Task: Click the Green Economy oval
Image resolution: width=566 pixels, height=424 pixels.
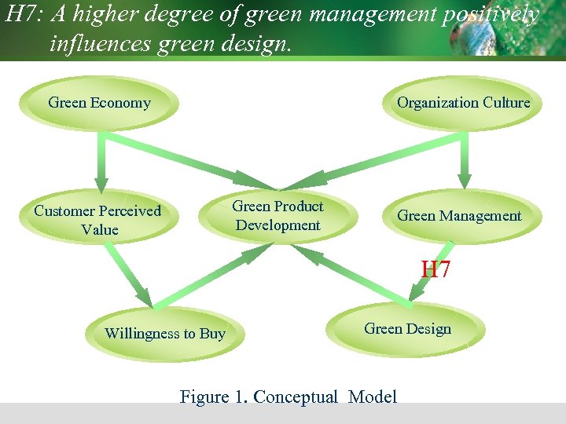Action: [100, 103]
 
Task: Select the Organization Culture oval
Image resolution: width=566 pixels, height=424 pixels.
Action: [463, 103]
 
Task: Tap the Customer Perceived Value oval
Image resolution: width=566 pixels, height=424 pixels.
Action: [97, 220]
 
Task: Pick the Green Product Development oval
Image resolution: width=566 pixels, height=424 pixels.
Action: [277, 216]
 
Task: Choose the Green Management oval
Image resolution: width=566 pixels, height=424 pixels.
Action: [459, 216]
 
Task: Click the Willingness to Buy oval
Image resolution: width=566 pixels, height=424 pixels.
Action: [165, 334]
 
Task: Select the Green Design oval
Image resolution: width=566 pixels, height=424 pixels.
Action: [407, 329]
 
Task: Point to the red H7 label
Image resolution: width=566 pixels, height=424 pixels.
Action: [436, 270]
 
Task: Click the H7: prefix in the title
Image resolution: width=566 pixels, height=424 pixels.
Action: [24, 15]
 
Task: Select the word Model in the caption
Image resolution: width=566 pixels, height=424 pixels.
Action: [372, 397]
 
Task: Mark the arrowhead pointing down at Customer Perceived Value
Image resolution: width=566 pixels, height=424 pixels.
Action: [101, 183]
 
